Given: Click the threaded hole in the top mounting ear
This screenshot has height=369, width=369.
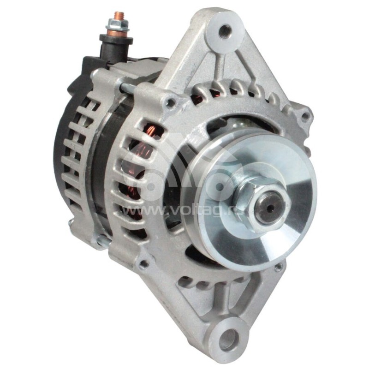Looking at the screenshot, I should [x=226, y=31].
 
